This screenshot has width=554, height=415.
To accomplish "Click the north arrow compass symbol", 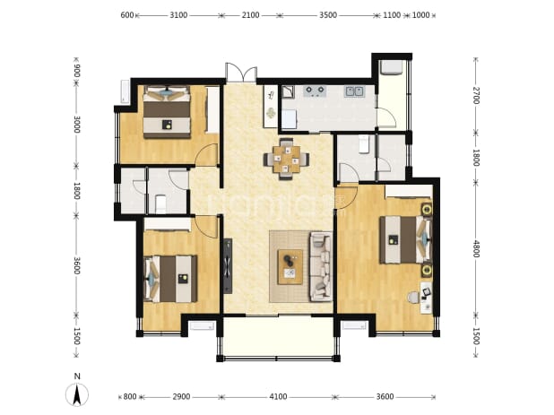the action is (x=77, y=394).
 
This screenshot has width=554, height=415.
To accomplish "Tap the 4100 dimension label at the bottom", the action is (x=278, y=397).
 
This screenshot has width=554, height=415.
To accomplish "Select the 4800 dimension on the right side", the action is (x=476, y=249).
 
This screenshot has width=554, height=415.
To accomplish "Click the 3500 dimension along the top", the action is (x=328, y=15).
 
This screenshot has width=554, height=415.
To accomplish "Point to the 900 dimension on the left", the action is (x=76, y=71).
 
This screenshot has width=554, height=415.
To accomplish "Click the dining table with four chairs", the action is (x=287, y=160).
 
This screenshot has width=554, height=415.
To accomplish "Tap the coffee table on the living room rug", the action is (x=290, y=267).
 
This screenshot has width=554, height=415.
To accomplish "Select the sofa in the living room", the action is (x=321, y=266).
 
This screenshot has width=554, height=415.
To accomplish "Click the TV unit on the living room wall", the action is (x=228, y=266).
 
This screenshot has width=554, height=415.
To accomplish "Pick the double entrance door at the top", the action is (x=241, y=73).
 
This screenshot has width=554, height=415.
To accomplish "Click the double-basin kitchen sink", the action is (x=354, y=91).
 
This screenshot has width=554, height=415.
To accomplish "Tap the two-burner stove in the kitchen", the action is (x=315, y=91).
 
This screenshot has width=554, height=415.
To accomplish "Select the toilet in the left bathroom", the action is (x=160, y=204).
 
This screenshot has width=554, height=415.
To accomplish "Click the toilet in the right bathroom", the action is (x=364, y=145).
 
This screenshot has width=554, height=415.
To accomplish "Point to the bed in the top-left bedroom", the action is (x=167, y=112).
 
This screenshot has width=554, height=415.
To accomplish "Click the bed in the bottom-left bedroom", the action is (x=170, y=279).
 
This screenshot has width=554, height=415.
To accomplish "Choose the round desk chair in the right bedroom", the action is (x=412, y=298).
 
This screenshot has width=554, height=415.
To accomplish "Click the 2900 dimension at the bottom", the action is (x=181, y=397).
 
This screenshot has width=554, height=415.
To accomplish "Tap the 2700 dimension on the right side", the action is (x=476, y=95).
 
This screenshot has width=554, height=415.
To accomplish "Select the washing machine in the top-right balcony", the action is (x=391, y=67).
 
